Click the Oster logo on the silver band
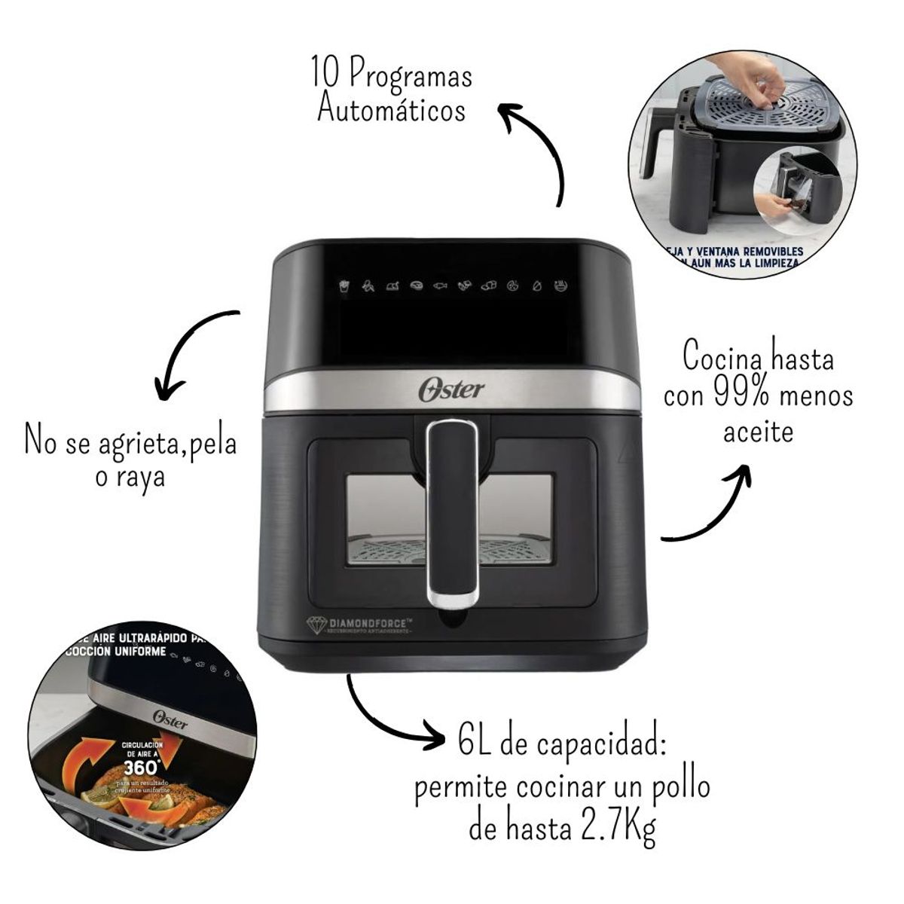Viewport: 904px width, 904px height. [x=451, y=390]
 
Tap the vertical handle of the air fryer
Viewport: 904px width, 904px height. [x=452, y=512]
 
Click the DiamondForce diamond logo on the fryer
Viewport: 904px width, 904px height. [x=315, y=625]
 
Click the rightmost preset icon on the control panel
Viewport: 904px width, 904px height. [x=560, y=286]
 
